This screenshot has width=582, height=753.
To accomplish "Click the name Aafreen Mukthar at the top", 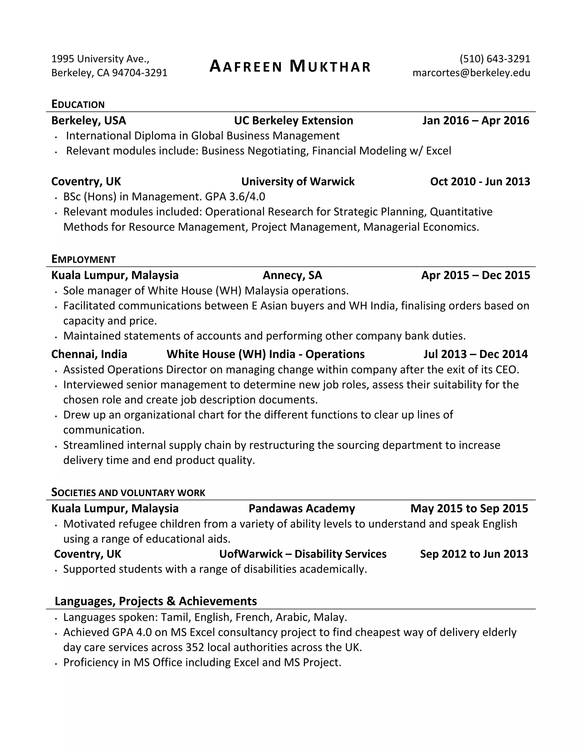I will point(290,66).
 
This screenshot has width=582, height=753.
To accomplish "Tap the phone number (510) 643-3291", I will point(494,59).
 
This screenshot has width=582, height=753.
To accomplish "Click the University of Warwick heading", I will point(298,181).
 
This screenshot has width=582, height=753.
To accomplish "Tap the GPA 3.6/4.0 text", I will point(235,197).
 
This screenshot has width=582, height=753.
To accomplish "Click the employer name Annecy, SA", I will point(292,275).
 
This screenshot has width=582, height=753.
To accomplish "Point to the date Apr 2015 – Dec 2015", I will point(475,275).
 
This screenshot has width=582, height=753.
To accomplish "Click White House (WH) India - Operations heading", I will point(265,354).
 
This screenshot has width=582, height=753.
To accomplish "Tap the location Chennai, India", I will point(89,354).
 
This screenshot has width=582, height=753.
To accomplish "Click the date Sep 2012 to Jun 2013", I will point(474,554).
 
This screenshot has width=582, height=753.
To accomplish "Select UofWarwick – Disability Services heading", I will point(303,554).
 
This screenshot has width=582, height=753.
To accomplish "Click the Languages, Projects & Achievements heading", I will point(156,601).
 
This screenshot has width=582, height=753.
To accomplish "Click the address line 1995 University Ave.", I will point(100,59).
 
